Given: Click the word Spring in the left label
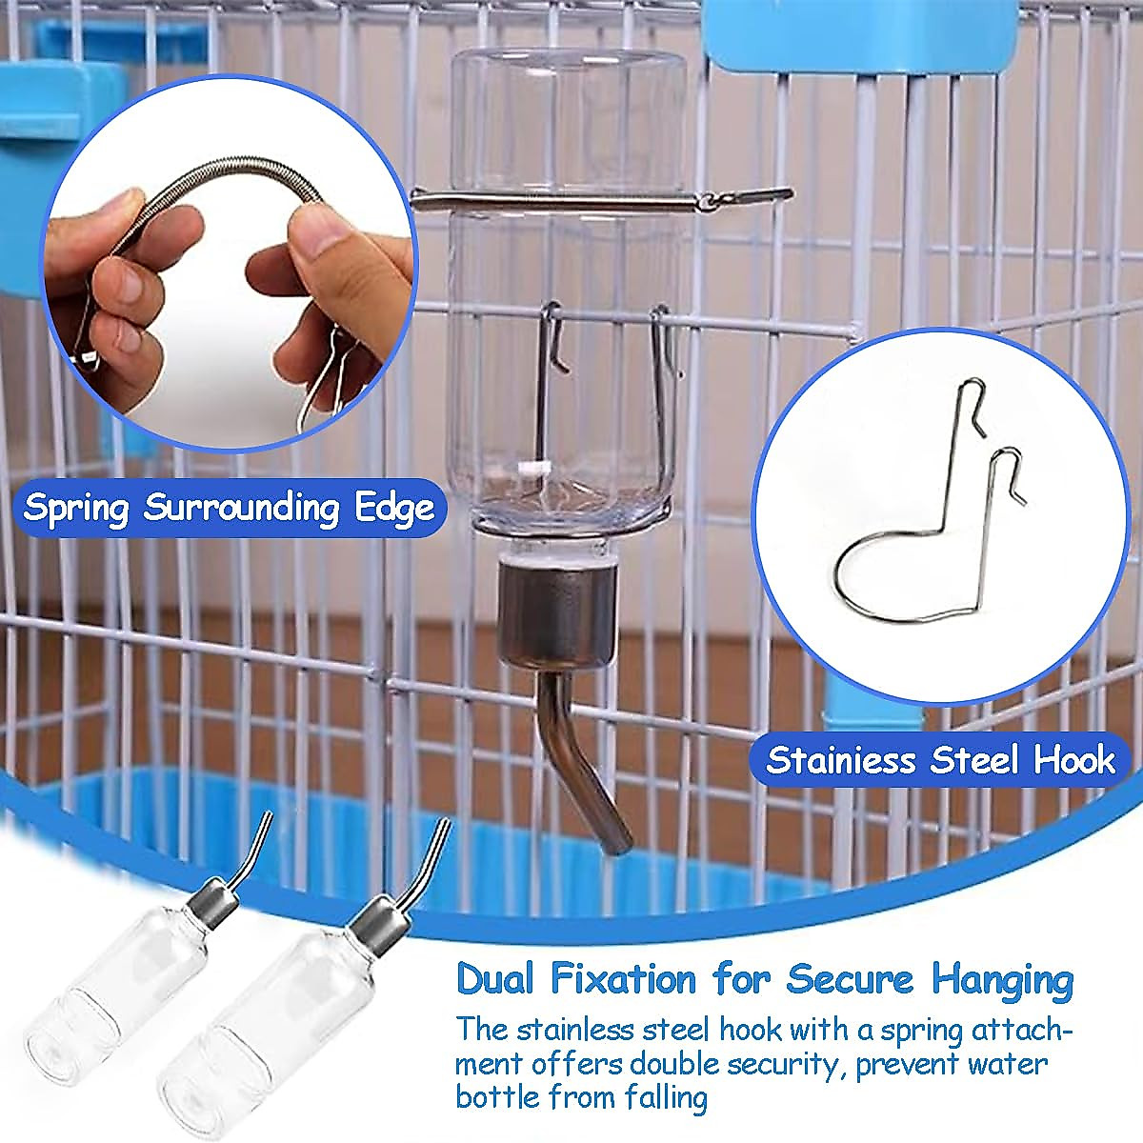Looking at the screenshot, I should point(76,508).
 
